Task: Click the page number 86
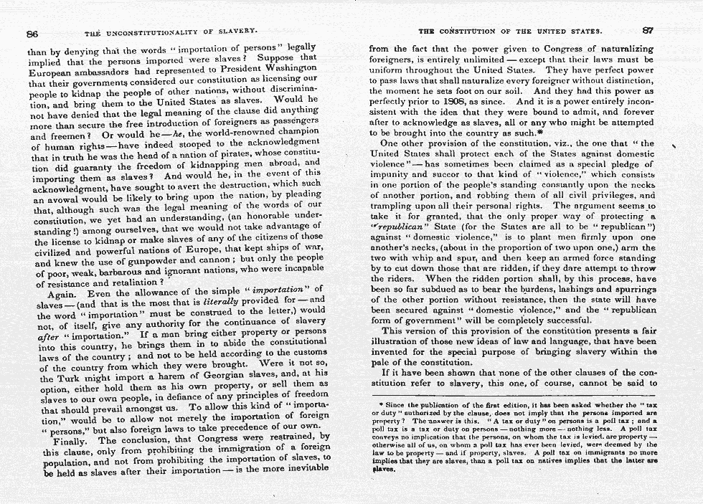[32, 32]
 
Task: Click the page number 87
[648, 31]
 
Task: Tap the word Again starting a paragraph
[63, 294]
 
